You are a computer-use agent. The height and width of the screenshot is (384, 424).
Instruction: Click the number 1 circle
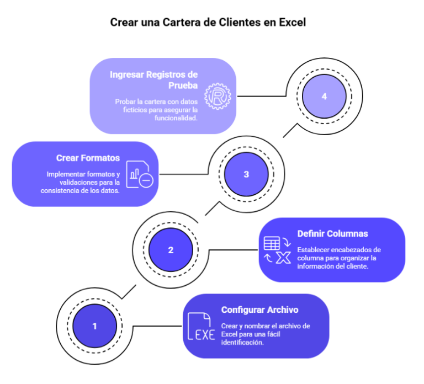pos(94,326)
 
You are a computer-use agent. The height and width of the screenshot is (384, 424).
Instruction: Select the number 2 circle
pos(171,250)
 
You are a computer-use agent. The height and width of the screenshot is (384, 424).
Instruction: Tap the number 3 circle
pos(246,174)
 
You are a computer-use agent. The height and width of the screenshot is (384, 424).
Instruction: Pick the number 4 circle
pos(324,96)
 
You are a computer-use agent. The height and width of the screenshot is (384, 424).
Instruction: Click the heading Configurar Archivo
pos(259,310)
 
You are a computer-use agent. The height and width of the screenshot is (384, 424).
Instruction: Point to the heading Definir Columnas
pos(332,233)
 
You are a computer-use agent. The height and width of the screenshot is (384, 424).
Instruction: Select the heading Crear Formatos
pos(88,158)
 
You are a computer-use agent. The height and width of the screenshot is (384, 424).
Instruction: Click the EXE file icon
pos(200,327)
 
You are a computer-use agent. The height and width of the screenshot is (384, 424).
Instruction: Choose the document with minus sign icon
pos(140,174)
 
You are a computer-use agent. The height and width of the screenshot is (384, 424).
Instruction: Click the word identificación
pos(242,343)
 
